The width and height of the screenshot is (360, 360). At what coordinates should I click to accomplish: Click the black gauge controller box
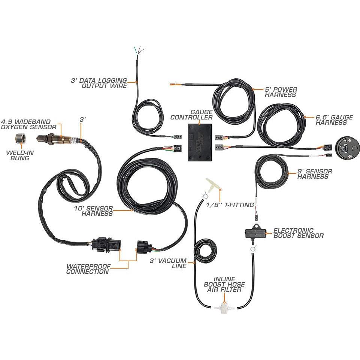200,142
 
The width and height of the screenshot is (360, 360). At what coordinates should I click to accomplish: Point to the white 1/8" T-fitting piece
213,185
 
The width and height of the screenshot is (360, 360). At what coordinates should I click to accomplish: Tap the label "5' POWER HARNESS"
281,92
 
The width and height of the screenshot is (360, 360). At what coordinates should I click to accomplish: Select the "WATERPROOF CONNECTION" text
88,269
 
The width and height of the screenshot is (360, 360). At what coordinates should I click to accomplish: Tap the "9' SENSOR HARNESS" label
315,174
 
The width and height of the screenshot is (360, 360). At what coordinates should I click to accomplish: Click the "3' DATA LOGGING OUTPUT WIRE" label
99,83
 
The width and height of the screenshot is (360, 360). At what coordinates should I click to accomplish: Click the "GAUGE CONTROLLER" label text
191,115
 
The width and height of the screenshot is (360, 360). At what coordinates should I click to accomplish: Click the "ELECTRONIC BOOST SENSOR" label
298,233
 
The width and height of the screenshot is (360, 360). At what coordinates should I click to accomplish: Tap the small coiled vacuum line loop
205,251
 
